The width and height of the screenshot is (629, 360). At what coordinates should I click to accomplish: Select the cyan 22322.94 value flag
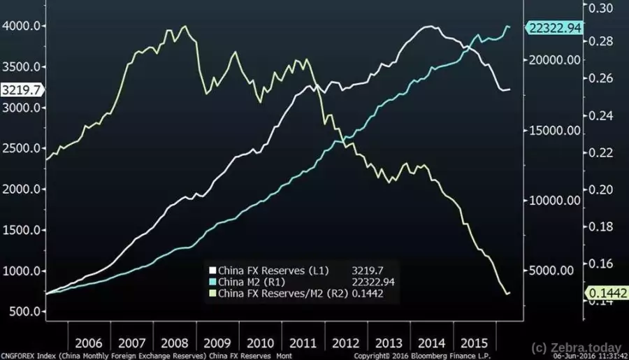click(555, 27)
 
